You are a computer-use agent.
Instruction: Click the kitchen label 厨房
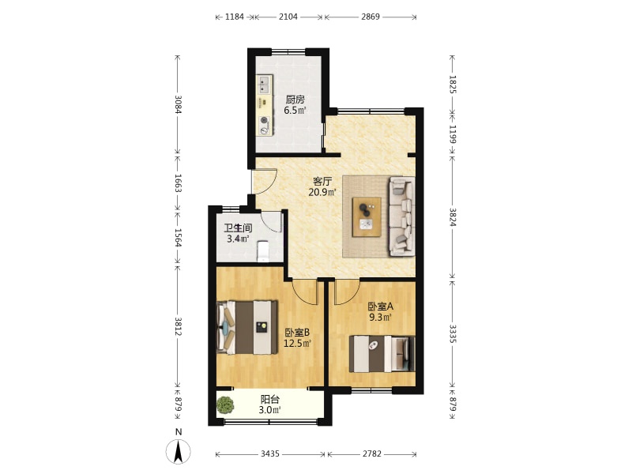point(295,100)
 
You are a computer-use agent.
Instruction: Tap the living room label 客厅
point(322,182)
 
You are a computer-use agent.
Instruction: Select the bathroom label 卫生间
point(238,228)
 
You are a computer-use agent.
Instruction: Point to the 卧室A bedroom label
point(381,307)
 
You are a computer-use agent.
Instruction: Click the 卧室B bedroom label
point(297,333)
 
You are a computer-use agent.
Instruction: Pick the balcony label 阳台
point(270,400)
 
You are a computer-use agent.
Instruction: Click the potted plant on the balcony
point(225,405)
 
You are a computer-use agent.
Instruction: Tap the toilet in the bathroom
point(263,251)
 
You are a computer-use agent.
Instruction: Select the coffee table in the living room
point(367,216)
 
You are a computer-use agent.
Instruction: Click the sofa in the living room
point(401,216)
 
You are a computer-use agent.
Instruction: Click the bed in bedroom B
point(247,327)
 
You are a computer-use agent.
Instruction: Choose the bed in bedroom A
point(382,354)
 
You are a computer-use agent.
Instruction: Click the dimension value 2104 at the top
point(288,17)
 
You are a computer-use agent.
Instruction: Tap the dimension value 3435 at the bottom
point(269,453)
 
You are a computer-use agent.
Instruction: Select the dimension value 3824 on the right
point(453,217)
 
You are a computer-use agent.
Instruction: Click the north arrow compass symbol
point(179,451)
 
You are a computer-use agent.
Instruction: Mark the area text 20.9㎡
point(322,192)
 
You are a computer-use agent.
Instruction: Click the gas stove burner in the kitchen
point(265,120)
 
